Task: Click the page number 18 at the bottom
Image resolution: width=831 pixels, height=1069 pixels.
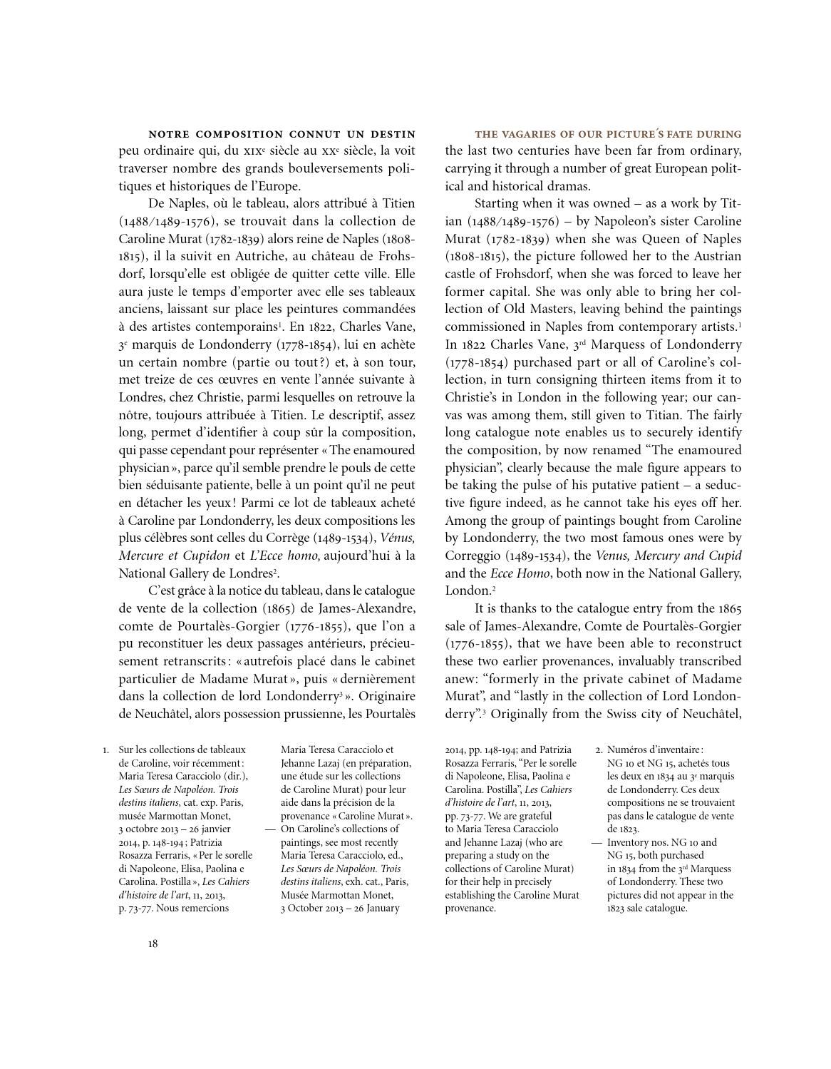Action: [x=153, y=943]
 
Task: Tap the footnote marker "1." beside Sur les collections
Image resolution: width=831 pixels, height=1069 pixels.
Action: [x=106, y=750]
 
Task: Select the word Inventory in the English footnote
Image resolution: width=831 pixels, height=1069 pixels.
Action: [x=631, y=842]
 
